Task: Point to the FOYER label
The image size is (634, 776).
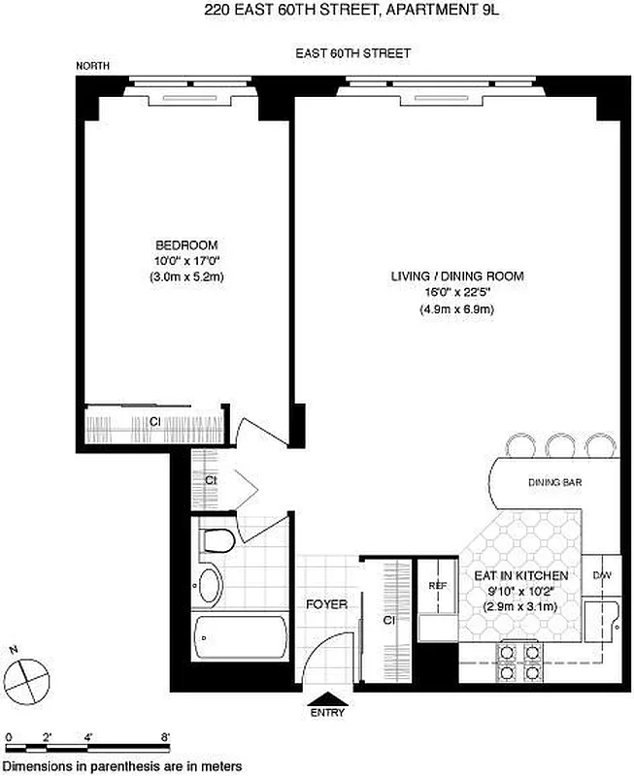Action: coord(326,604)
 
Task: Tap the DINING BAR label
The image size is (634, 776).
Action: coord(554,482)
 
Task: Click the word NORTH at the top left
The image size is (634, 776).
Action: coord(94,66)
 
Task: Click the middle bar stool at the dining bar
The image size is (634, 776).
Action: coord(560,444)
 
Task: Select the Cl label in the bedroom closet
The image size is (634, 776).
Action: coord(153,421)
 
